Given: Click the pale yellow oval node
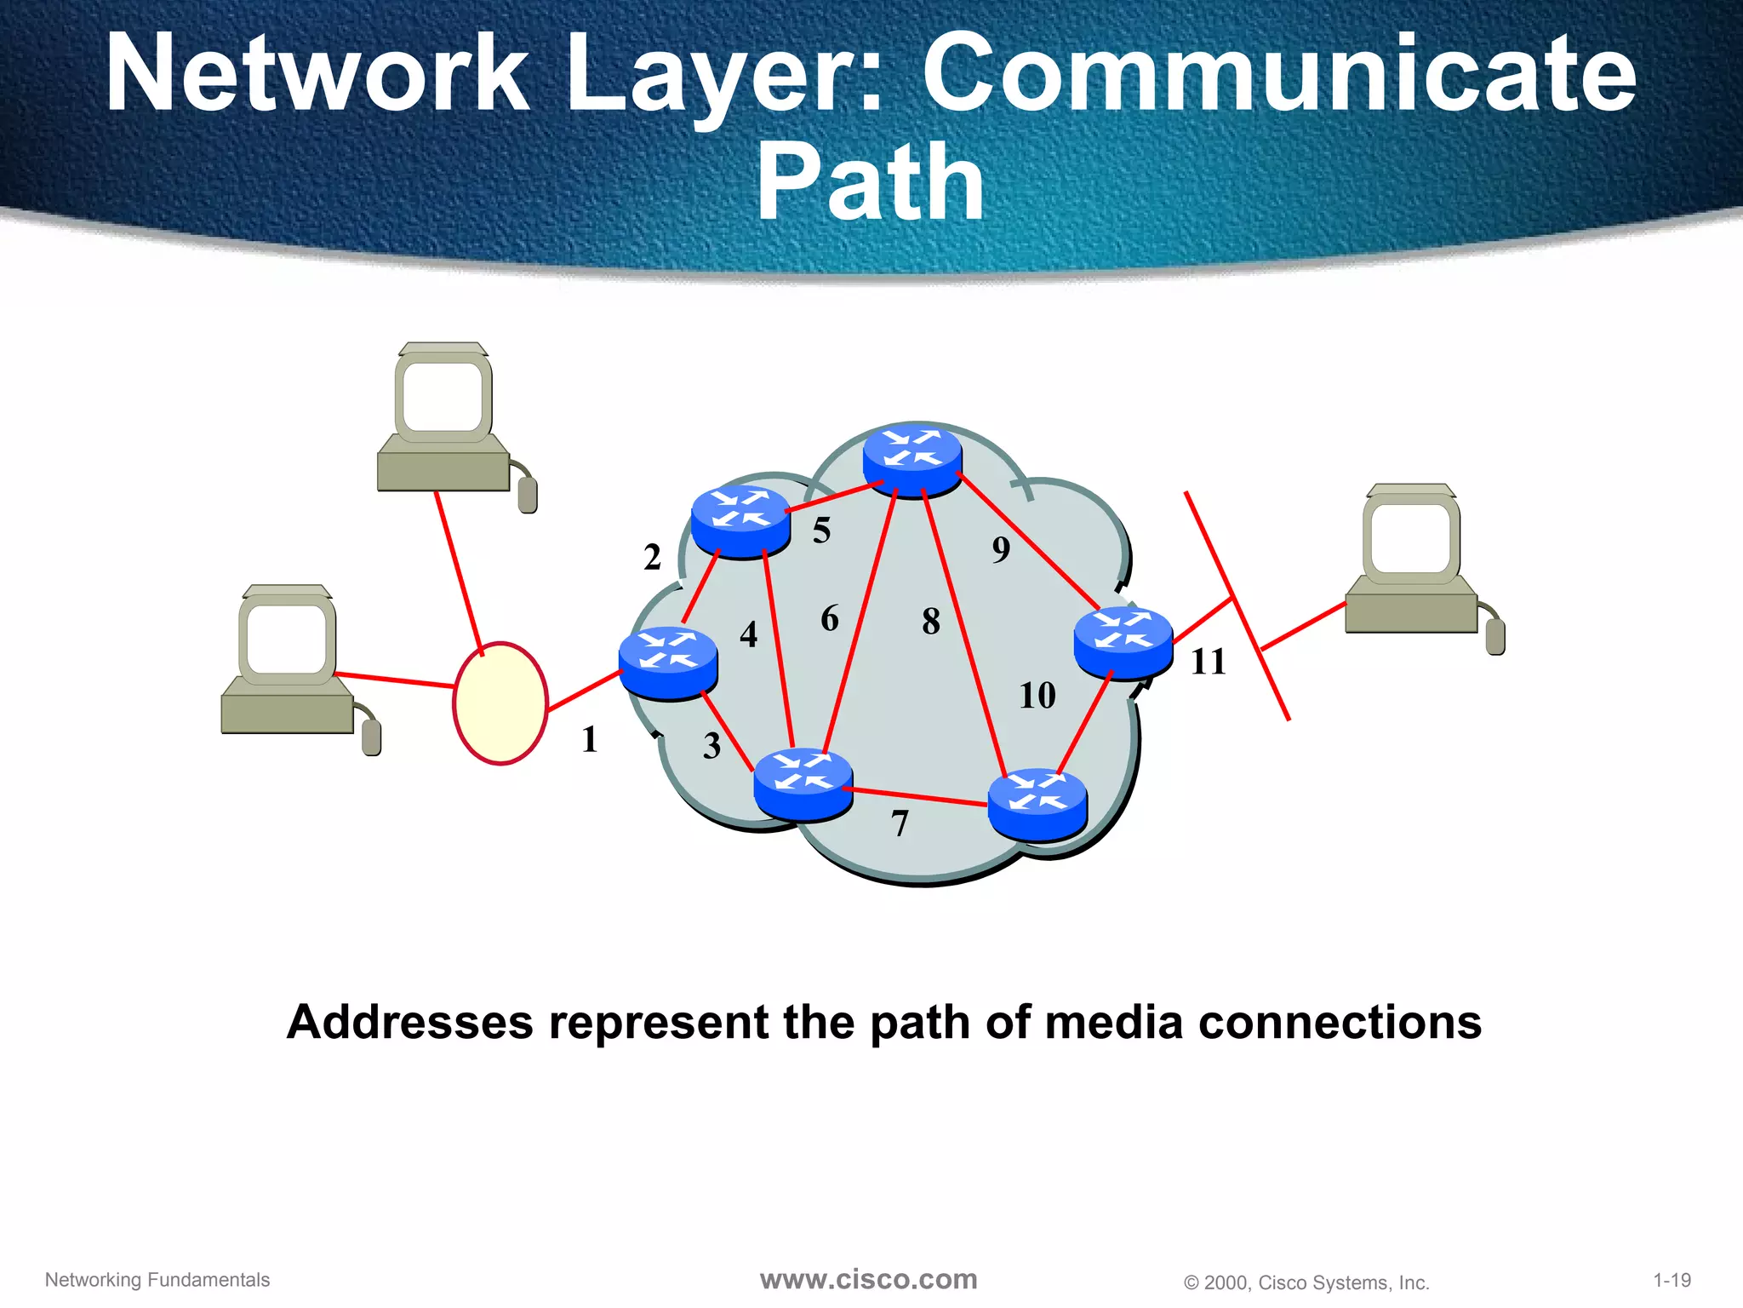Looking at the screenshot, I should [500, 703].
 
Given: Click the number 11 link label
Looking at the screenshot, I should [1208, 662].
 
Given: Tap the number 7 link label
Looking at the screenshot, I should [900, 823].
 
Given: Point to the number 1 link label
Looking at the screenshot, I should [589, 739].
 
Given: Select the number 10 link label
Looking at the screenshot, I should [1037, 696].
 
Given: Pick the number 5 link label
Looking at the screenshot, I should [821, 531].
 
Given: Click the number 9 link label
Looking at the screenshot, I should [1001, 549].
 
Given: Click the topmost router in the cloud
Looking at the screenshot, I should [912, 458].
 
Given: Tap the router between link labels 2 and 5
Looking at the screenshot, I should [740, 520].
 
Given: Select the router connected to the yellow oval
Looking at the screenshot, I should [668, 663].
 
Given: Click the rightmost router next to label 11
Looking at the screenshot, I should [1123, 642].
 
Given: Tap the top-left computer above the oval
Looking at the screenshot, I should [443, 418].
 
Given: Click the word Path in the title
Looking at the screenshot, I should [870, 181].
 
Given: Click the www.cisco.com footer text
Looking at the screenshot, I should [868, 1279].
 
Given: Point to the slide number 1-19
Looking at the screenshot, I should [1672, 1280].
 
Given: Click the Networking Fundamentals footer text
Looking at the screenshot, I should [157, 1280].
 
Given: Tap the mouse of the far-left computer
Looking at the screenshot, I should [371, 737].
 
